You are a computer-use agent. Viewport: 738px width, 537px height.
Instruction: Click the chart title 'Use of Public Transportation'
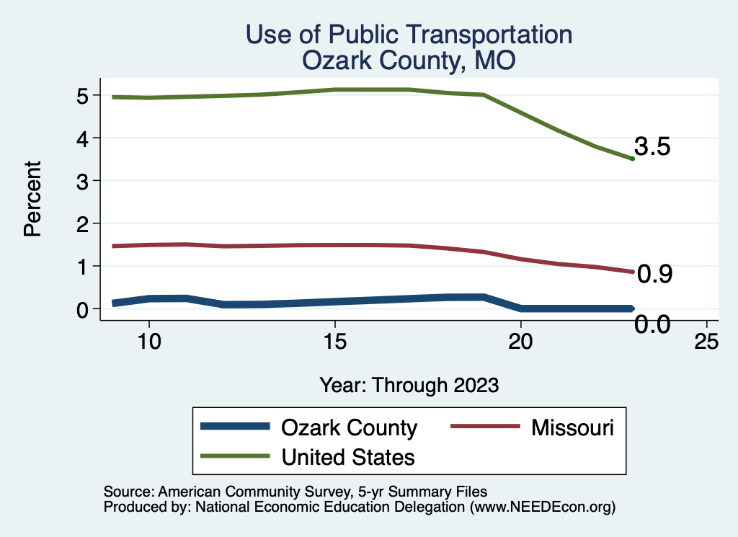coord(409,35)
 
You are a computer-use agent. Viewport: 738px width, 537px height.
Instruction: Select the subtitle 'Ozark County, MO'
coord(409,61)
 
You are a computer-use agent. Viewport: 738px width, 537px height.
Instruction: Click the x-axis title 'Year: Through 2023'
coord(409,385)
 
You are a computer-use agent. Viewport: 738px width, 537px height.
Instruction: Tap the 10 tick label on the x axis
coord(148,341)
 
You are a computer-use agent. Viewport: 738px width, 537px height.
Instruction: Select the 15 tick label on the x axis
coord(334,341)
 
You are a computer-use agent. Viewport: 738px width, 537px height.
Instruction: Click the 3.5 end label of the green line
coord(653,147)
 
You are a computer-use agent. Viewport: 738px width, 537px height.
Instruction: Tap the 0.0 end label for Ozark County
coord(653,325)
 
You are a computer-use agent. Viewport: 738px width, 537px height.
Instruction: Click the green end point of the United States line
coord(632,159)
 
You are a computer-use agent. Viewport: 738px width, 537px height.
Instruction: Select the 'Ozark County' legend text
coord(349,427)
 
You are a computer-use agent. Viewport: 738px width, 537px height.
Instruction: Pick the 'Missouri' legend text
coord(573,427)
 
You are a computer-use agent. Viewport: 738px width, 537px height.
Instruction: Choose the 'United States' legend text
coord(348,456)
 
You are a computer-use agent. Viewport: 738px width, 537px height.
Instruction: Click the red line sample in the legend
coord(484,427)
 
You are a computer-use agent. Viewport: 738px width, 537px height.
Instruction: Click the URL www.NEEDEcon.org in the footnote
coord(543,507)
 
